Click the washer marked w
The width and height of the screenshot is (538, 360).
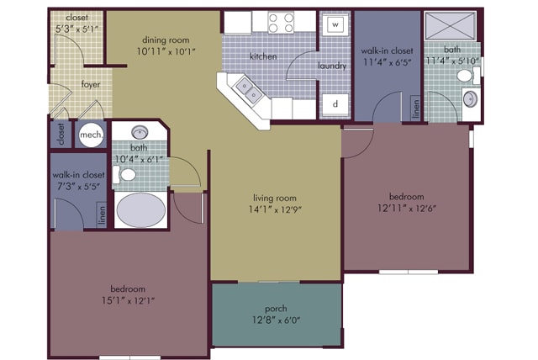coord(335,24)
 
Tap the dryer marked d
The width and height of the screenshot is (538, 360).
coord(335,104)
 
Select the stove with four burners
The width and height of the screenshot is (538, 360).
coord(281,23)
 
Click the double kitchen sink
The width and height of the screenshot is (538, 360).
coord(249,90)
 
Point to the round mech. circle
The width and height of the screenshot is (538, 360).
coord(91,135)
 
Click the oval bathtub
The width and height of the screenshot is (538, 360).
coord(140,210)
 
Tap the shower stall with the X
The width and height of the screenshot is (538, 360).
coord(450,26)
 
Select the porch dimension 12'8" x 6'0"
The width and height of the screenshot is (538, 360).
coord(277,320)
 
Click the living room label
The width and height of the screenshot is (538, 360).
coord(275,198)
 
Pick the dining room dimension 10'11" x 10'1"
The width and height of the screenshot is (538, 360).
coord(166,52)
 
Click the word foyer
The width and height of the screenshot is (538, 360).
coord(91,84)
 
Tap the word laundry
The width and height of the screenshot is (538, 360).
coord(332,66)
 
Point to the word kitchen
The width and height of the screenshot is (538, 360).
coord(263,56)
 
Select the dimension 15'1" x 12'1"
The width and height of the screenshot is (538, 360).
coord(128,300)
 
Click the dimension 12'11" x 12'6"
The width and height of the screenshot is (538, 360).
coord(407,209)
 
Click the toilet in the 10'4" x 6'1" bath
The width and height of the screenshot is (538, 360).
coord(124,175)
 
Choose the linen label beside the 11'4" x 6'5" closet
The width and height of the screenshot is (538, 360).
coord(416,109)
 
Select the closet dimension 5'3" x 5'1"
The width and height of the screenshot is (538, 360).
coord(76,29)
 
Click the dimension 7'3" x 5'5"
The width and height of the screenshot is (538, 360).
coord(78,187)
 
